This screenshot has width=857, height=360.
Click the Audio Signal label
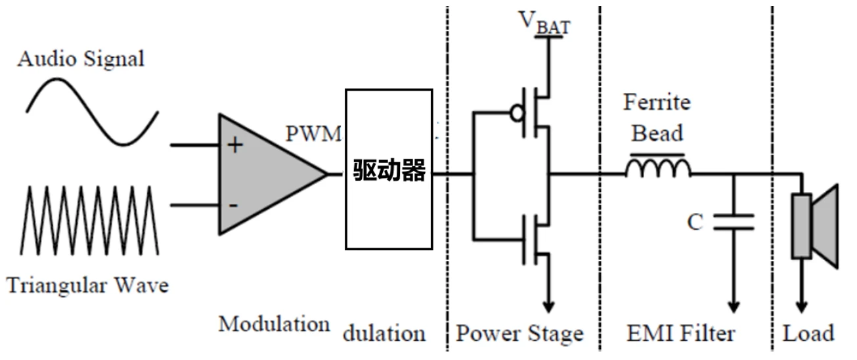click(x=80, y=59)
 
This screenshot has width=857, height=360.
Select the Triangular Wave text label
click(x=88, y=286)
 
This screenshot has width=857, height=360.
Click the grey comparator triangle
click(x=263, y=174)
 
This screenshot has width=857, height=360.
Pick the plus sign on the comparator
click(x=234, y=145)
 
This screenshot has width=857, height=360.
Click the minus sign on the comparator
click(x=233, y=205)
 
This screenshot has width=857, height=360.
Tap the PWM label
click(x=314, y=133)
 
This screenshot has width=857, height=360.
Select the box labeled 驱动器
click(x=389, y=169)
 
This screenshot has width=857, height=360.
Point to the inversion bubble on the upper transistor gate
click(x=517, y=113)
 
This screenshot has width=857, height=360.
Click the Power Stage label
click(x=519, y=334)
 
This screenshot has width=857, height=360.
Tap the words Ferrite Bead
click(x=657, y=118)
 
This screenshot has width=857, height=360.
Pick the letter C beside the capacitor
click(x=695, y=223)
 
